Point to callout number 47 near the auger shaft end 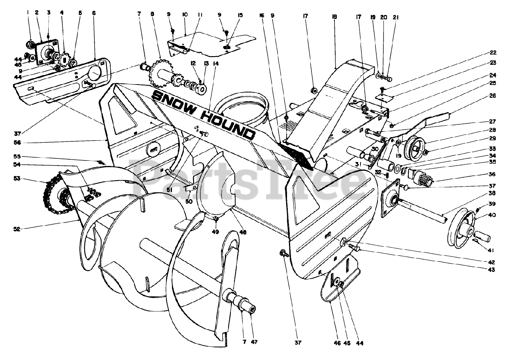254,341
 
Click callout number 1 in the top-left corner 28,12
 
